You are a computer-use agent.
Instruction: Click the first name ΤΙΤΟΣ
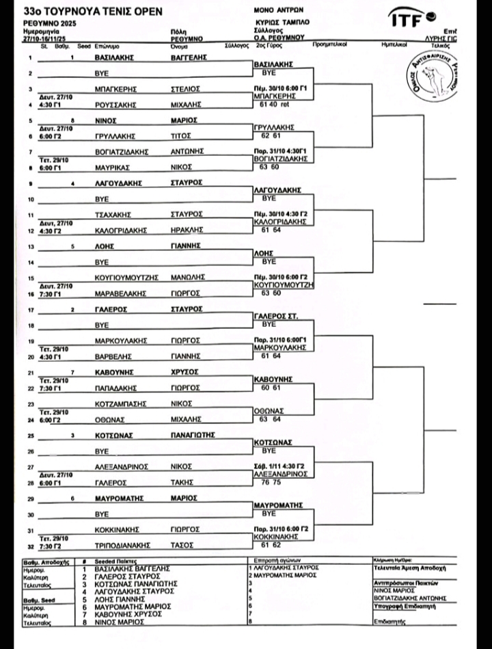[182, 135]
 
